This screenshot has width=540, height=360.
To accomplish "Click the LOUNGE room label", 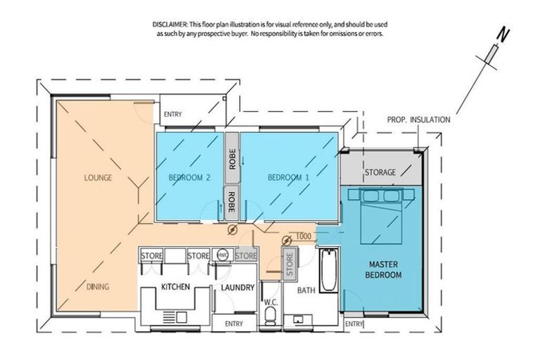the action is [98, 178].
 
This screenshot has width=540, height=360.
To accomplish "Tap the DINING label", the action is [98, 287].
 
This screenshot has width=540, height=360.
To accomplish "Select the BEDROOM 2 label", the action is [189, 178].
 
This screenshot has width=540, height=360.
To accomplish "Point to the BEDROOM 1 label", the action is [288, 178].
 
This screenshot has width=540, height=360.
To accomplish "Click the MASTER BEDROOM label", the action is [383, 270].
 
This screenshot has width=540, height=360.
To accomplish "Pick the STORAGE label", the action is [380, 172].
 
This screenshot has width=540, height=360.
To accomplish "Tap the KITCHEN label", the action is [176, 287].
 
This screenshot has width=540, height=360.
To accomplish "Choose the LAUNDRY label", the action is [238, 288].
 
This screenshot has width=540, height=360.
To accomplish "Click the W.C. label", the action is [271, 302].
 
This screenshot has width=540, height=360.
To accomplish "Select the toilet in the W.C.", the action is [270, 316].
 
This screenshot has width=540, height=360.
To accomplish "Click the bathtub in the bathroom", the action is [329, 270].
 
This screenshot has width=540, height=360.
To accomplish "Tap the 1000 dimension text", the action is [304, 236].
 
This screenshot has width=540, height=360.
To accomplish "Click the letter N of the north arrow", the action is [503, 35].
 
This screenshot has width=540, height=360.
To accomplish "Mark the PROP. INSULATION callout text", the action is [418, 120].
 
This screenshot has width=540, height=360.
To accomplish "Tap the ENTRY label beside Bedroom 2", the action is [173, 115].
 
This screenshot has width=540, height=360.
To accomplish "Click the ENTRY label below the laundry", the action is [234, 324].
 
